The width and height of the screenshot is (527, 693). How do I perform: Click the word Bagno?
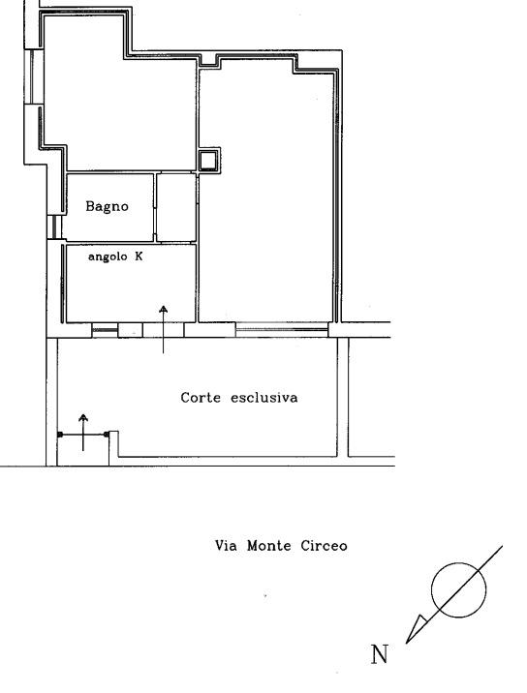[107, 206]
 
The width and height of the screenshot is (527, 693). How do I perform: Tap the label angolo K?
[115, 256]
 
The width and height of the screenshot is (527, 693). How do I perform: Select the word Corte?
[201, 398]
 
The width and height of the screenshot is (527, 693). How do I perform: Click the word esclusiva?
[264, 398]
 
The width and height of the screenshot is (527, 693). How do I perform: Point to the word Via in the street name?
[226, 545]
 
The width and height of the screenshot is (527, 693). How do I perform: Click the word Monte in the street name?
[269, 545]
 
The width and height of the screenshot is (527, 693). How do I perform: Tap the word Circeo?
[324, 545]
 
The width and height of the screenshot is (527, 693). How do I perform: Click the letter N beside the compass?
[379, 654]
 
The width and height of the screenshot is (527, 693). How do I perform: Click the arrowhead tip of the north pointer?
[406, 643]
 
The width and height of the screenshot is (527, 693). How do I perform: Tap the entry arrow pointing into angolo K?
[164, 329]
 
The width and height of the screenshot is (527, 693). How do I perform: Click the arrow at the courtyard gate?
[83, 433]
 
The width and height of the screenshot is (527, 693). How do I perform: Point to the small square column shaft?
[209, 160]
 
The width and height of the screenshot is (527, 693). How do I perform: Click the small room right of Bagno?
[176, 207]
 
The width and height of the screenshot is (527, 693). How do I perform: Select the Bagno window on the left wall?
[54, 226]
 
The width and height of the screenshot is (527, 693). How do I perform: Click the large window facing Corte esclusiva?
[281, 329]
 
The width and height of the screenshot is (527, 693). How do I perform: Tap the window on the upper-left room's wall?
[34, 76]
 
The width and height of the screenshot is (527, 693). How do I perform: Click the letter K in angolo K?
[139, 256]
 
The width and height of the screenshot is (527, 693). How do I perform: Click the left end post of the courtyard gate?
[60, 435]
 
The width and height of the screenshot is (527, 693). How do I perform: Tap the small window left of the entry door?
[105, 330]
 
